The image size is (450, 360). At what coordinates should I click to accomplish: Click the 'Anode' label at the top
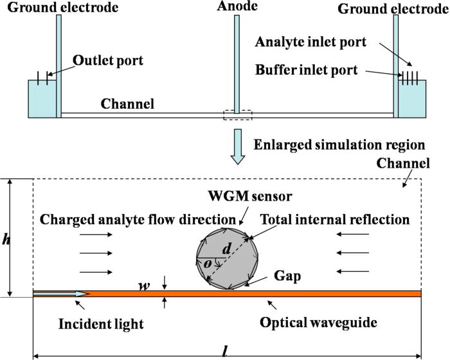(237, 7)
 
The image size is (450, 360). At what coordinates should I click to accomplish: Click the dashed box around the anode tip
(237, 115)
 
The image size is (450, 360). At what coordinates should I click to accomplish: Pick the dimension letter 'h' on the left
(7, 238)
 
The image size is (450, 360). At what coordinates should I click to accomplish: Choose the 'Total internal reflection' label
(334, 219)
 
